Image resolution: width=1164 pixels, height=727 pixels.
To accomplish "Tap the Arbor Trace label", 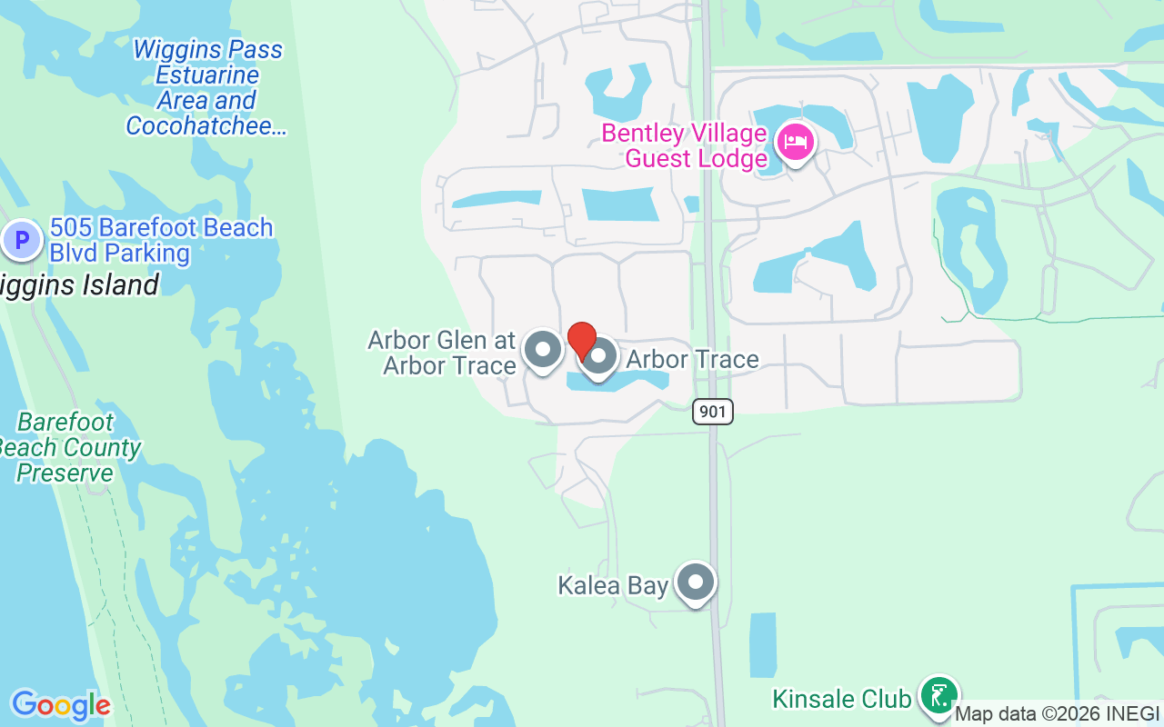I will click(x=692, y=360).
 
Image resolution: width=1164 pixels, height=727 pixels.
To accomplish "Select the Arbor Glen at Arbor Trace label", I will click(x=442, y=353).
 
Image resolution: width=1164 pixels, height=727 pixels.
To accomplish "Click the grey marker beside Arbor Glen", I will click(x=544, y=349).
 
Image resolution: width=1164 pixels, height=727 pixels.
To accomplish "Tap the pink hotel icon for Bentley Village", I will click(x=796, y=143).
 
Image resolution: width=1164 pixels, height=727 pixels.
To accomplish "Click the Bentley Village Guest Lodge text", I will click(x=685, y=146).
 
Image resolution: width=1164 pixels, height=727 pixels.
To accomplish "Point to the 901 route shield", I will click(x=713, y=412).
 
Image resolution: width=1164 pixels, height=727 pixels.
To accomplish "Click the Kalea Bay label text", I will click(x=613, y=584).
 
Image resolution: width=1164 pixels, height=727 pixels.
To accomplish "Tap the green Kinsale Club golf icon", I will click(x=938, y=696).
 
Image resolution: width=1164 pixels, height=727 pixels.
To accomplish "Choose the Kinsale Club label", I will click(x=841, y=699).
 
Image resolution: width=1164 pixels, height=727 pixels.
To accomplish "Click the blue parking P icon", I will click(x=21, y=241).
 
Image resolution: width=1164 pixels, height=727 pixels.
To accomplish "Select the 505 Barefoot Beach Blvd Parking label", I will click(x=161, y=240).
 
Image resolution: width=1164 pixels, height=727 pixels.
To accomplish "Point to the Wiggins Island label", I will click(x=80, y=285).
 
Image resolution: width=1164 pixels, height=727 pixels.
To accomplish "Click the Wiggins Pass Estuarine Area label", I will click(x=207, y=75).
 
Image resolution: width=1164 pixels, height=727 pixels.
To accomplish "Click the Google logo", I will click(x=61, y=705).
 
